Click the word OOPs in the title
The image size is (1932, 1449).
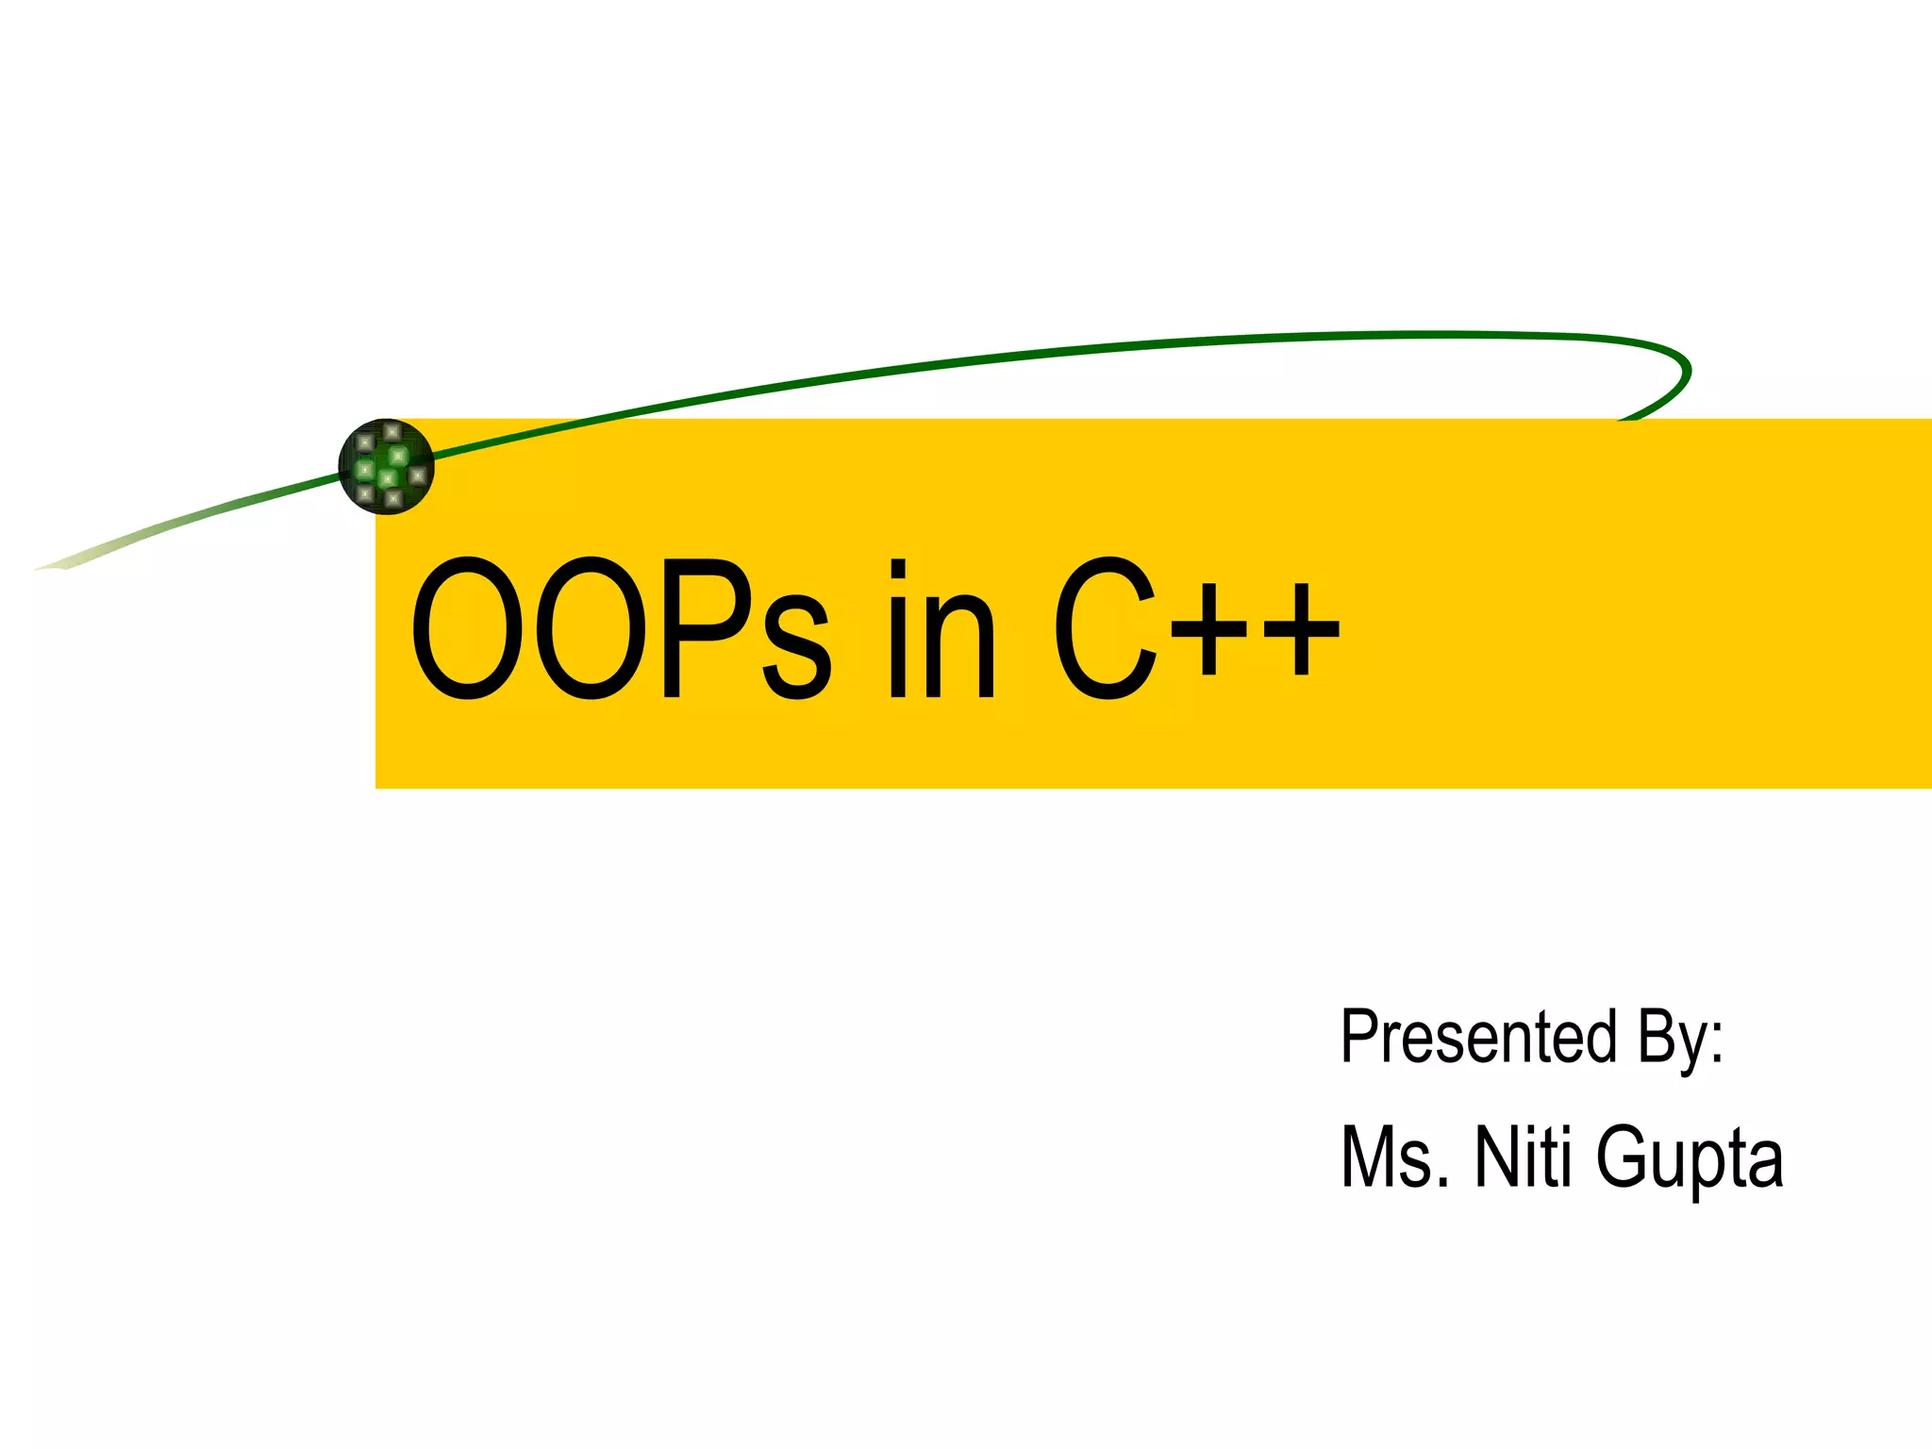coord(620,628)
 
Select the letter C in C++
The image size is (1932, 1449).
coord(1105,628)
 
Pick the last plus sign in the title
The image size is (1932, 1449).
coord(1302,628)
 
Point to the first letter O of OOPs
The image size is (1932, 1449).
coord(467,628)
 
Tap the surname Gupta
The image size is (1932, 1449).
coord(1690,1160)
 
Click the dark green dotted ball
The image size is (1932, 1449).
coord(386,466)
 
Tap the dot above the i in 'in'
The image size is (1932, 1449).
coord(898,568)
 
